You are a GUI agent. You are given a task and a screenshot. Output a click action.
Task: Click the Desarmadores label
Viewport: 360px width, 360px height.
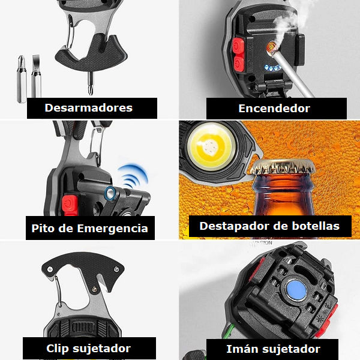(x=88, y=108)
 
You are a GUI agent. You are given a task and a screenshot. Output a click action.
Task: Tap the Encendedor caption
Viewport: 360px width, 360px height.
(x=274, y=109)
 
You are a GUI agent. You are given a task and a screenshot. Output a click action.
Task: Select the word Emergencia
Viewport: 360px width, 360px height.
(x=116, y=229)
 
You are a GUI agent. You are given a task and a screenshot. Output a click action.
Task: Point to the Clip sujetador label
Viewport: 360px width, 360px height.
(x=88, y=348)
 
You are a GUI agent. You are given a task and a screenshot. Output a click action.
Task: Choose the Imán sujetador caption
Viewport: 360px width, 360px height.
(x=273, y=349)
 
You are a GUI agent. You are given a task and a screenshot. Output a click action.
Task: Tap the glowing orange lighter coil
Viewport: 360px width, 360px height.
(x=272, y=45)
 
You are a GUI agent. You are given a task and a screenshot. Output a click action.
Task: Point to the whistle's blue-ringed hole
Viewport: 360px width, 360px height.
(x=110, y=193)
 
